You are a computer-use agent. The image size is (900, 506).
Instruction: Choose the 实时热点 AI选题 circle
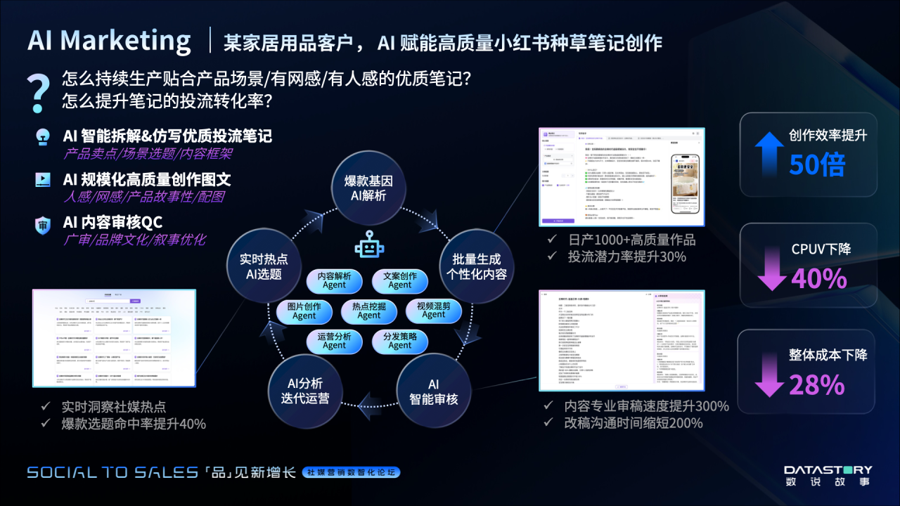(264, 266)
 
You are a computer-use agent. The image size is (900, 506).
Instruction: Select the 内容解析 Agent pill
(334, 280)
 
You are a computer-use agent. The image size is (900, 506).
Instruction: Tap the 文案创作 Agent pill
(399, 280)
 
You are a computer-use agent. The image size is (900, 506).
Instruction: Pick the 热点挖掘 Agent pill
(368, 311)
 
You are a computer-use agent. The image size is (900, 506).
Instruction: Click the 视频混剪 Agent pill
(433, 311)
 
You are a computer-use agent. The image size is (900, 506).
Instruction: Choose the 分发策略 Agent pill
(399, 341)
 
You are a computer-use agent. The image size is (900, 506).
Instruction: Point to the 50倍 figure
(816, 164)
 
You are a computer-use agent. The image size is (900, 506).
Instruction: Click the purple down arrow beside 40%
(771, 275)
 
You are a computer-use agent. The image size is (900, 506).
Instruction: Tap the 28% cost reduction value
(816, 384)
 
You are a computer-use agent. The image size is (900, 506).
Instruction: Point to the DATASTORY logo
(828, 475)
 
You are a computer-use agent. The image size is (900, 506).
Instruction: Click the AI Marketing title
(110, 41)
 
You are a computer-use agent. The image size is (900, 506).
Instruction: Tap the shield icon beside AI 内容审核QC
(43, 226)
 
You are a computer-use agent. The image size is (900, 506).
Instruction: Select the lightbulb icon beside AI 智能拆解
(43, 137)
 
